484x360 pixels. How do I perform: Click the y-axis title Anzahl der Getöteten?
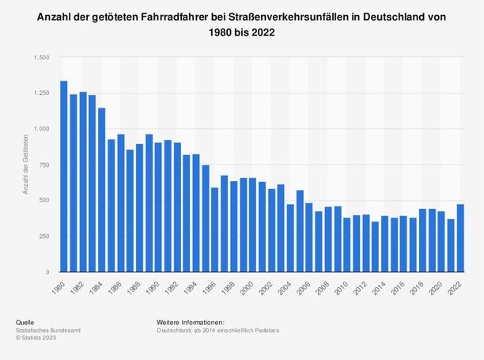(26, 165)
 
